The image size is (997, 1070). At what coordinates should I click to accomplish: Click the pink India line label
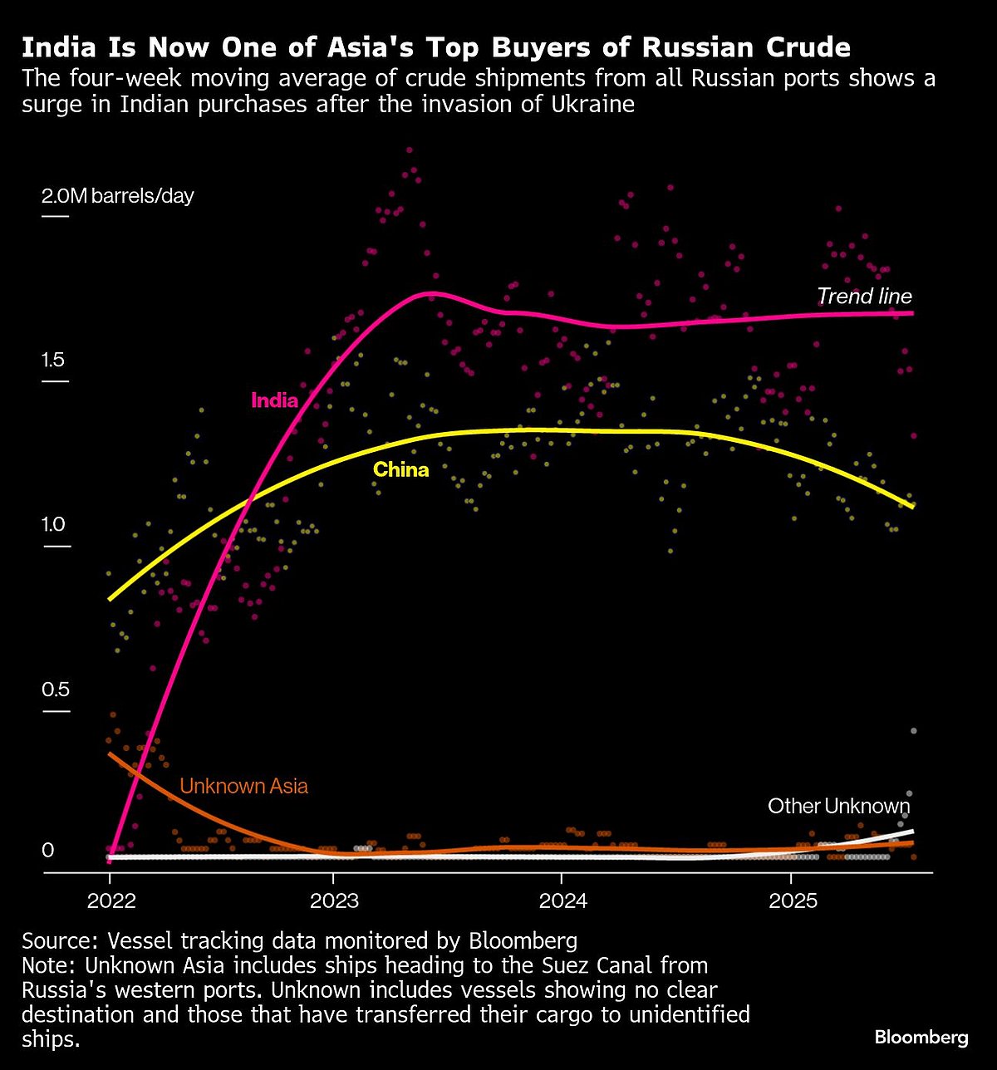click(x=274, y=400)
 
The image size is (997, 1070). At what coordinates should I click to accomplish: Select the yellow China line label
click(x=400, y=470)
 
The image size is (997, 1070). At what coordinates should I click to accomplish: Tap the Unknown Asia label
click(x=243, y=786)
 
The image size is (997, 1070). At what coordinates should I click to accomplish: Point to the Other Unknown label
click(x=838, y=806)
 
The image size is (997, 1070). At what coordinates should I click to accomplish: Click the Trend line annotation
click(x=864, y=297)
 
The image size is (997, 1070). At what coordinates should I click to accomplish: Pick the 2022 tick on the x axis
click(x=111, y=901)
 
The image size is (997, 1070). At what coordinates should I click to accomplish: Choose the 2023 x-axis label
click(x=333, y=901)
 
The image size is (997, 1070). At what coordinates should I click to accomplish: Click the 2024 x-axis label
click(x=562, y=901)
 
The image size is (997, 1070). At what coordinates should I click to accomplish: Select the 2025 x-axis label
click(x=793, y=901)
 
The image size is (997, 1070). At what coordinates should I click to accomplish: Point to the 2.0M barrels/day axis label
click(x=117, y=196)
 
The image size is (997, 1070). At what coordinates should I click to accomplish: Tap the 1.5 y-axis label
click(x=54, y=361)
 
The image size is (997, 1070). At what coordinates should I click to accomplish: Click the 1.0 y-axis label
click(x=54, y=525)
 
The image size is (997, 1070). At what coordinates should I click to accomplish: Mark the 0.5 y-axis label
click(x=54, y=690)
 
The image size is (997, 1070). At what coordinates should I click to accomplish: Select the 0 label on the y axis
click(x=47, y=850)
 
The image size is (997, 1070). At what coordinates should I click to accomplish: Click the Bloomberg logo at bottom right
click(x=921, y=1038)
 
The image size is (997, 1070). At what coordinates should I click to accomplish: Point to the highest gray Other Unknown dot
click(x=913, y=730)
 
